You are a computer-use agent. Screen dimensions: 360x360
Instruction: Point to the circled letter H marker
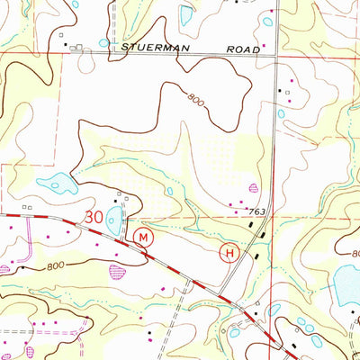point(229,254)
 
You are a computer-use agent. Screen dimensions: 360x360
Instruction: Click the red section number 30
point(94,217)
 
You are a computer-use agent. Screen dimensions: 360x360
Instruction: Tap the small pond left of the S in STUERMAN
point(103,42)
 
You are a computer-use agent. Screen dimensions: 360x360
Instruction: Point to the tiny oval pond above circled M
point(168,190)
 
